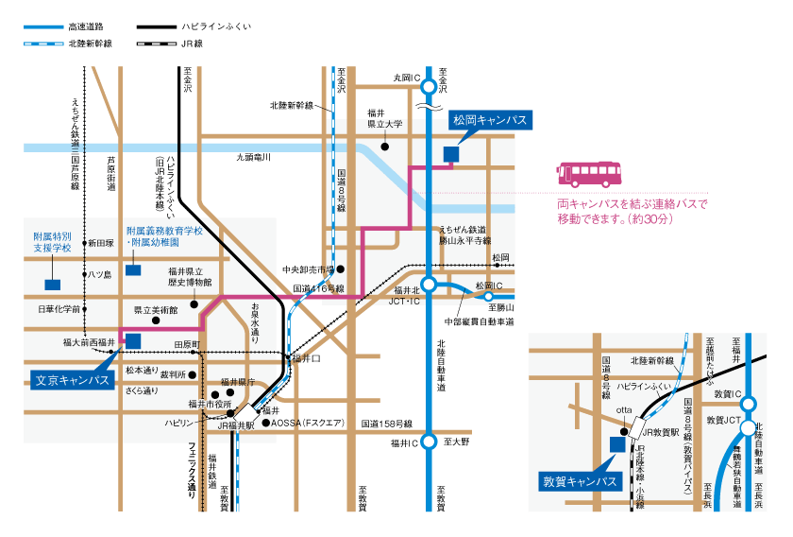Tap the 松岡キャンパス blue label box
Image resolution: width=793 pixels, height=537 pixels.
490,120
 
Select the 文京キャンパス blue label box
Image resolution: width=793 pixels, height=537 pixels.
71,380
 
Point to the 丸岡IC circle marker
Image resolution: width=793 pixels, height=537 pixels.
429,87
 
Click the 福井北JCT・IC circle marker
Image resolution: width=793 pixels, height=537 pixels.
429,284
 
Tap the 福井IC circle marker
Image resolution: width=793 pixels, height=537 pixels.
429,442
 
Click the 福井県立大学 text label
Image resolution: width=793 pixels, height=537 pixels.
384,117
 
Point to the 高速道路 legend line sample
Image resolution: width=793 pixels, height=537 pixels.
42,27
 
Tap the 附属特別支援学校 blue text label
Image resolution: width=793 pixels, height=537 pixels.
52,241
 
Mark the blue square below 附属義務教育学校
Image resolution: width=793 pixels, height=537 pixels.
133,269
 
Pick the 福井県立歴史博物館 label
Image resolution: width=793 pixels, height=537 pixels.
190,276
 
